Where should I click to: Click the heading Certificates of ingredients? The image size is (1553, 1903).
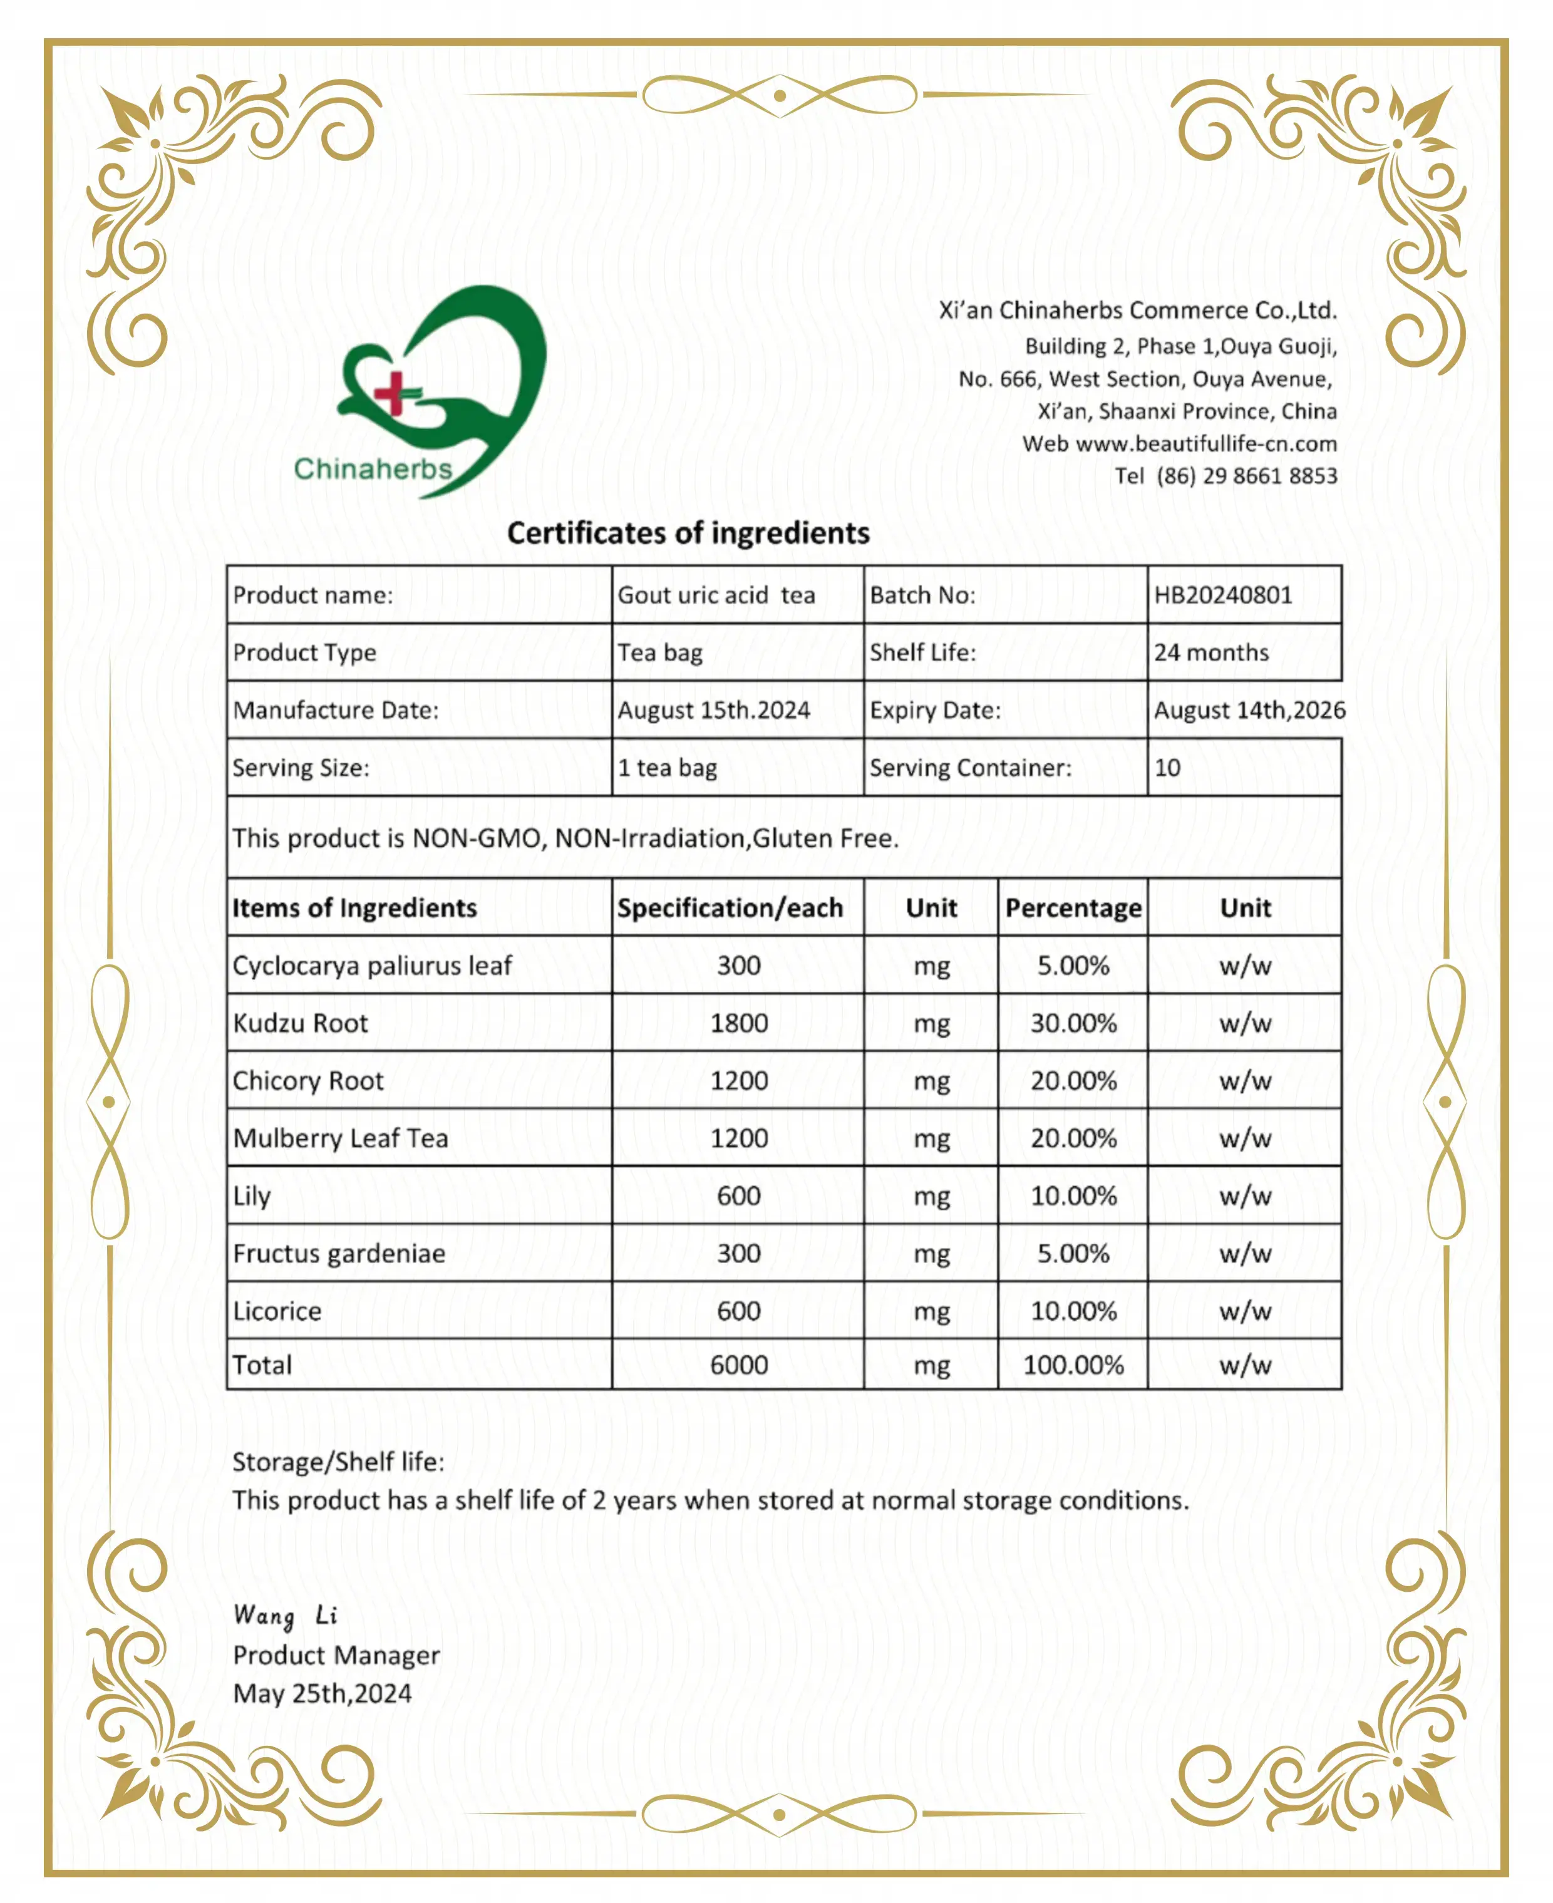coord(688,534)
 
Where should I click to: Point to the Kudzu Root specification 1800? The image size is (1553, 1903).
coord(738,1023)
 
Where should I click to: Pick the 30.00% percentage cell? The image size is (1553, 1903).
coord(1073,1023)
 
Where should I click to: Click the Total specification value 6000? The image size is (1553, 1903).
coord(738,1365)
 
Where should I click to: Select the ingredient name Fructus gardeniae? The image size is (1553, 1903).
coord(339,1254)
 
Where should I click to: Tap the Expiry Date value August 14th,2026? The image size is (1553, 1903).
coord(1249,710)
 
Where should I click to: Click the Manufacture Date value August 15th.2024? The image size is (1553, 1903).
coord(713,710)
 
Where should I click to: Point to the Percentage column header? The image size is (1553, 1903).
coord(1073,908)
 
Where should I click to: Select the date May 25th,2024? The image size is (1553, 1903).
coord(322,1694)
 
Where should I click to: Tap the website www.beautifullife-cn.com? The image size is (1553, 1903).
coord(1206,444)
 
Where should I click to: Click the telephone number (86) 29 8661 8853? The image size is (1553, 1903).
coord(1246,476)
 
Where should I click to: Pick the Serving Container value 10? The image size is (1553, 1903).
coord(1167,768)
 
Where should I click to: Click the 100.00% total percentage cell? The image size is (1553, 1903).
coord(1073,1365)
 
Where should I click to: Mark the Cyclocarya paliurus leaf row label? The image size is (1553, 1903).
coord(372,966)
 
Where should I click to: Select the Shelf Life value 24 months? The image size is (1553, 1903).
coord(1210,652)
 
